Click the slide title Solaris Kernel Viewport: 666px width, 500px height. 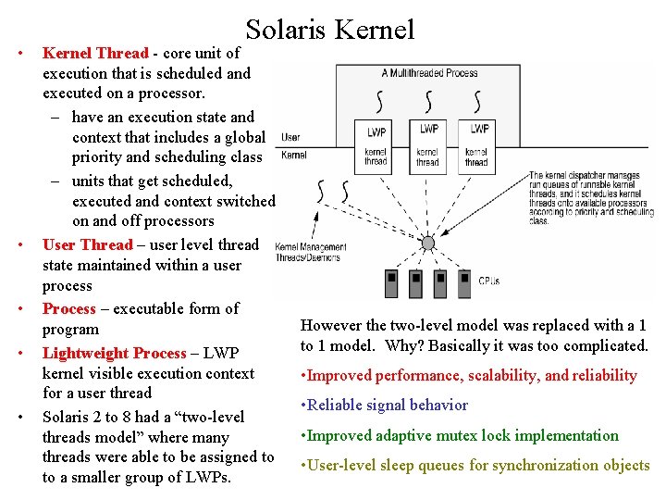coord(330,30)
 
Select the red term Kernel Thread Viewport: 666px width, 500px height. coord(94,53)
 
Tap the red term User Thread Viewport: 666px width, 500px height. coord(88,244)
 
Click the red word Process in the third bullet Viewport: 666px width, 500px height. coord(69,308)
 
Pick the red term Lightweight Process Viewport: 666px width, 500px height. coord(114,353)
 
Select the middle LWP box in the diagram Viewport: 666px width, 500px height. coord(428,130)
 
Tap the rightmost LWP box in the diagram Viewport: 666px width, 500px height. coord(479,130)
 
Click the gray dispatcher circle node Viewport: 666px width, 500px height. coord(427,244)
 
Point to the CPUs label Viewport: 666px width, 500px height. coord(489,280)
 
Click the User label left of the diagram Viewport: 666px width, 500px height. coord(290,138)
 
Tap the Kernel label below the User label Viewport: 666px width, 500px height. coord(293,155)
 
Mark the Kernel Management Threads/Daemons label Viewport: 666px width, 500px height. coord(310,252)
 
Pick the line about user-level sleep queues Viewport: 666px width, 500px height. coord(475,465)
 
